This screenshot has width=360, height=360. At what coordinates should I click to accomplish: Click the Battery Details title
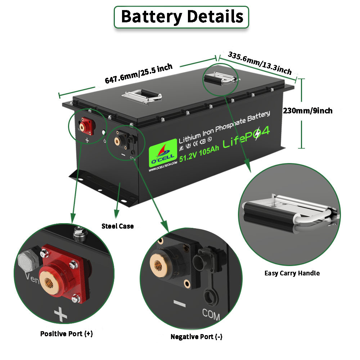point(181,17)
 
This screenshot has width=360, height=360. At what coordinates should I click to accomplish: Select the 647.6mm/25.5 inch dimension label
point(139,73)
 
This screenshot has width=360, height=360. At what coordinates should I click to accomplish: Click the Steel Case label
point(117,226)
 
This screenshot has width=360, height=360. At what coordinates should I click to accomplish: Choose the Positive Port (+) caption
point(66,334)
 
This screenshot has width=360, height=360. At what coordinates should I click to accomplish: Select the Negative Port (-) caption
point(196,337)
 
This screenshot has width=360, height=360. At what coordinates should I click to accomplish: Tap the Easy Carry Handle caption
point(292,273)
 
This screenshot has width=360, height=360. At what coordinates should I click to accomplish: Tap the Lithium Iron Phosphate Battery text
point(224,127)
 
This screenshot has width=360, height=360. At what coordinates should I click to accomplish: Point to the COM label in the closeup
point(211,314)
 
